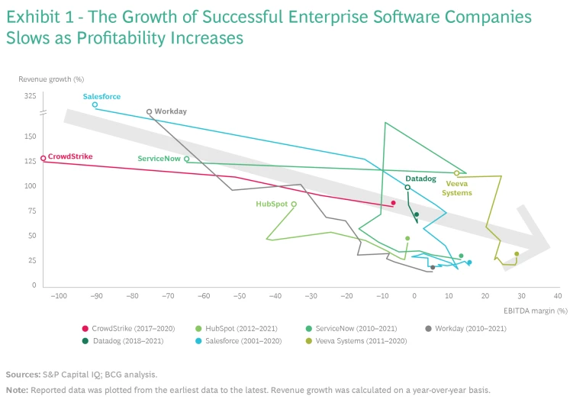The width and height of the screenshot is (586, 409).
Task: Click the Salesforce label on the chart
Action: coord(101,97)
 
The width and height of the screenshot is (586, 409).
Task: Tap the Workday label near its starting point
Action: coord(170,111)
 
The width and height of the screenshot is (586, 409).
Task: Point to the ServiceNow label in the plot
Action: coord(159,159)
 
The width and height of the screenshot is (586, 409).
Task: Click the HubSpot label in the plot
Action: coord(271,204)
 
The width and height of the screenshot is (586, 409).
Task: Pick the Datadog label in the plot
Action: coord(420,179)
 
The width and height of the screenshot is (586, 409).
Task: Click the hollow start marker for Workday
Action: coord(149,111)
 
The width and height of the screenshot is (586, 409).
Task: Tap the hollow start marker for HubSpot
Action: coord(294,204)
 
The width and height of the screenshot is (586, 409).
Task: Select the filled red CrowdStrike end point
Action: coord(393,203)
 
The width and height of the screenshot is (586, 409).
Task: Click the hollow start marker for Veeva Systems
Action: coord(457,173)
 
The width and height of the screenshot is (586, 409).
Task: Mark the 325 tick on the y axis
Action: coord(30,96)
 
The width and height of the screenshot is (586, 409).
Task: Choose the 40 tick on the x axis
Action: coord(557,296)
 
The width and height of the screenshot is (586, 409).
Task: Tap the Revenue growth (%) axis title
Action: coord(50,79)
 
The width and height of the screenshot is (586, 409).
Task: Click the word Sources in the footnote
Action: coord(22,375)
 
